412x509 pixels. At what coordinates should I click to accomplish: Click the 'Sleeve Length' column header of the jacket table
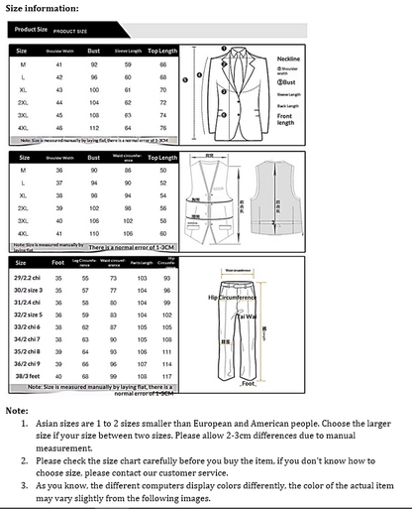pyautogui.click(x=126, y=49)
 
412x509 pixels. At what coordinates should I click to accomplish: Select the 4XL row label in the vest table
pyautogui.click(x=22, y=232)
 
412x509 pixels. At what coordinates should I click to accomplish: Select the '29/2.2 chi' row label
pyautogui.click(x=27, y=279)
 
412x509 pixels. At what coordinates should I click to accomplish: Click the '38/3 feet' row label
pyautogui.click(x=25, y=403)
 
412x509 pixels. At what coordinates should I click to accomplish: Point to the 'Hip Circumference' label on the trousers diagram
pyautogui.click(x=232, y=296)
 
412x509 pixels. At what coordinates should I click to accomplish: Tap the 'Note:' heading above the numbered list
pyautogui.click(x=17, y=410)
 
